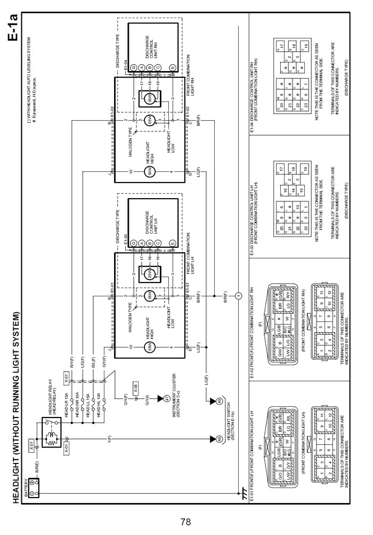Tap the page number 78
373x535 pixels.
pyautogui.click(x=185, y=522)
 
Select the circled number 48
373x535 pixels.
pyautogui.click(x=220, y=439)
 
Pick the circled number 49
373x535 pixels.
pyautogui.click(x=220, y=400)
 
